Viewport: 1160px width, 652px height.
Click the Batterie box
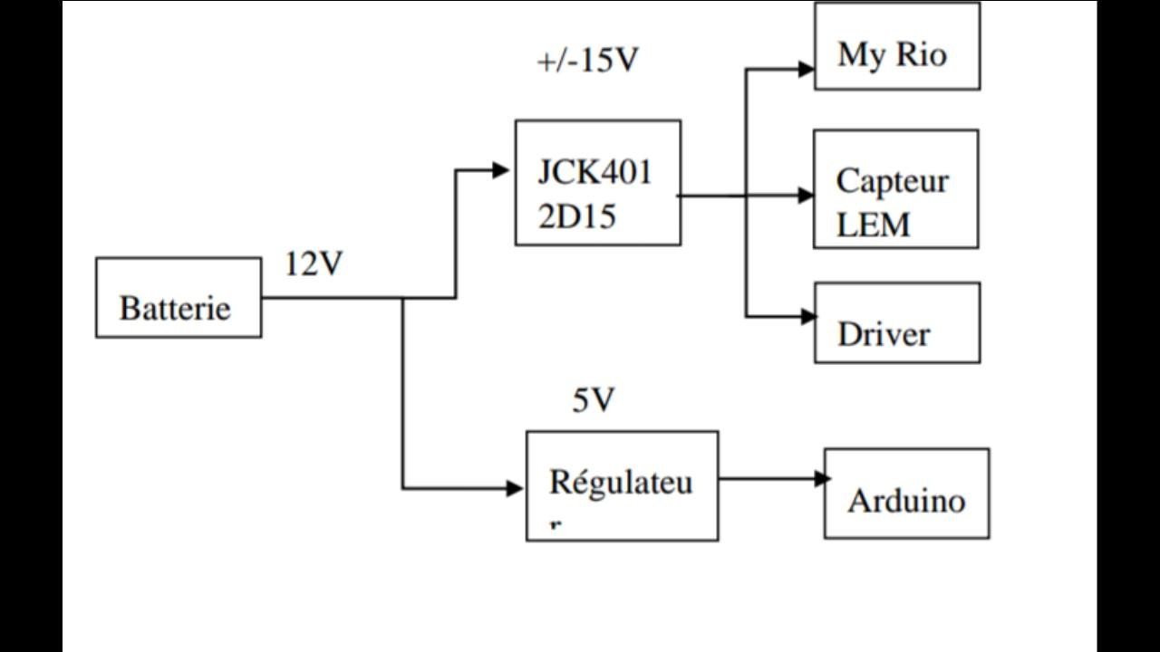[x=179, y=298]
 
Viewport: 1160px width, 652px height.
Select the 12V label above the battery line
[x=314, y=264]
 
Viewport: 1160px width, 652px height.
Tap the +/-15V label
[x=588, y=61]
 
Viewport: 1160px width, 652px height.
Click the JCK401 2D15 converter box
[x=598, y=183]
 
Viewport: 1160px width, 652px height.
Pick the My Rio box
[x=897, y=46]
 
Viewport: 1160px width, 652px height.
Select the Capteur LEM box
[x=895, y=189]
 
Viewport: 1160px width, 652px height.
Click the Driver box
[x=897, y=323]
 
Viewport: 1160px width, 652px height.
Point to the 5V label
[x=594, y=400]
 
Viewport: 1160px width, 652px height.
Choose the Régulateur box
[x=623, y=486]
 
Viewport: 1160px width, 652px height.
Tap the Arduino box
[x=906, y=494]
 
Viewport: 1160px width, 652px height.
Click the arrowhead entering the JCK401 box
[x=501, y=169]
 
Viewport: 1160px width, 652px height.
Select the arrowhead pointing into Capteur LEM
[x=805, y=195]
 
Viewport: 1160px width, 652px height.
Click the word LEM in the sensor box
[x=874, y=225]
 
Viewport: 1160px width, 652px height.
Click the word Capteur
[x=892, y=181]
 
